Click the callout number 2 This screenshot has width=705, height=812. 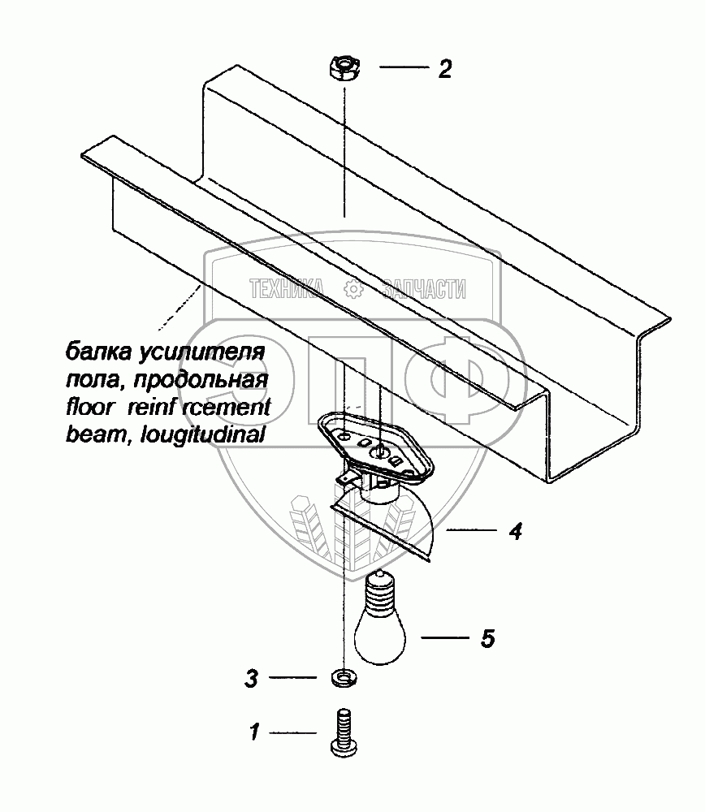(443, 69)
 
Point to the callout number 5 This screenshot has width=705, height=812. (487, 638)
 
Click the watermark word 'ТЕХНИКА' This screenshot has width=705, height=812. (288, 287)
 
